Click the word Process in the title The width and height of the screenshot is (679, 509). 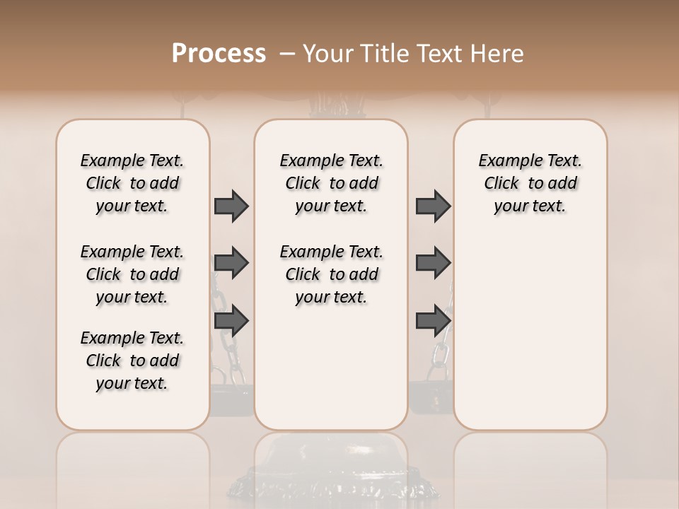pos(219,53)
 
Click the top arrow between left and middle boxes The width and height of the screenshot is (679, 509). pos(231,206)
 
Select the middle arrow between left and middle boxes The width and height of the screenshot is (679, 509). pos(231,264)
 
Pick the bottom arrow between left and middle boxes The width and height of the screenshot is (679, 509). pos(231,321)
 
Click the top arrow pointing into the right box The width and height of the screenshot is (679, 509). pos(433,206)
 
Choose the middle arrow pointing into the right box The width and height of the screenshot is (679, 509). pos(433,264)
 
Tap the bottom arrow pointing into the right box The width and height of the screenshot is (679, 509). pos(433,321)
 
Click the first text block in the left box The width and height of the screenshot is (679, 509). pos(132,183)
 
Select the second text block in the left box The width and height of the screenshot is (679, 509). pos(132,274)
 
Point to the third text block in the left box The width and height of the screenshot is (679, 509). pos(132,361)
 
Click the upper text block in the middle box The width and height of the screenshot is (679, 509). pos(331,183)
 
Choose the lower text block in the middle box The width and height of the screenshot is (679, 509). pos(331,274)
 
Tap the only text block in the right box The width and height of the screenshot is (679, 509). pos(530,183)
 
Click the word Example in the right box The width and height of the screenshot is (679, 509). pos(509,161)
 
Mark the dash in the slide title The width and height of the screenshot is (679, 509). pos(287,54)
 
